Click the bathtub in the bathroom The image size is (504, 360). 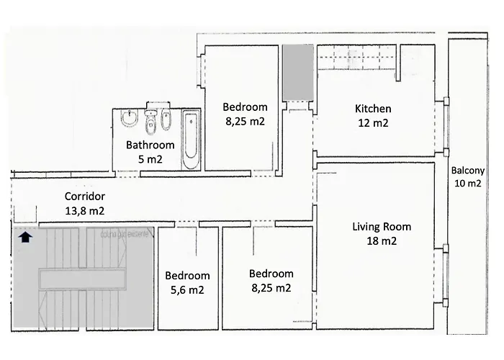[x=191, y=140]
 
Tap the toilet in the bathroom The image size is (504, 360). [x=150, y=122]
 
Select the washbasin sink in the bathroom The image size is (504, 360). [x=130, y=118]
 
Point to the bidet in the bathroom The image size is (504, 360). [x=166, y=120]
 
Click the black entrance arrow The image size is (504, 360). [x=25, y=237]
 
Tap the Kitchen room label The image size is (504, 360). [x=373, y=109]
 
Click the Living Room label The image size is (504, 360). [x=382, y=227]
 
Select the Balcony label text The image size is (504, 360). [x=468, y=171]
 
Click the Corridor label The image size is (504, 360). [x=85, y=196]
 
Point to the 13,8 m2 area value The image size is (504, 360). [x=85, y=211]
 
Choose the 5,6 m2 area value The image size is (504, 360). [x=187, y=290]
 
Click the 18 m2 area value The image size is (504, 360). [x=382, y=240]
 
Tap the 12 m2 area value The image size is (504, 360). [x=373, y=123]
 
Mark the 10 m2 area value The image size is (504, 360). [x=468, y=183]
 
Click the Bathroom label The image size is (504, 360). [x=150, y=145]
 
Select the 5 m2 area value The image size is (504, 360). [x=150, y=159]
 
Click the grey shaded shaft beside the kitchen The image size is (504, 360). [x=298, y=72]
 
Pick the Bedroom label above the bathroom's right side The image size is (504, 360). [x=245, y=107]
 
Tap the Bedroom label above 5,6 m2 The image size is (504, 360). [x=187, y=276]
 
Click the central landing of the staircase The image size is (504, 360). [x=82, y=279]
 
